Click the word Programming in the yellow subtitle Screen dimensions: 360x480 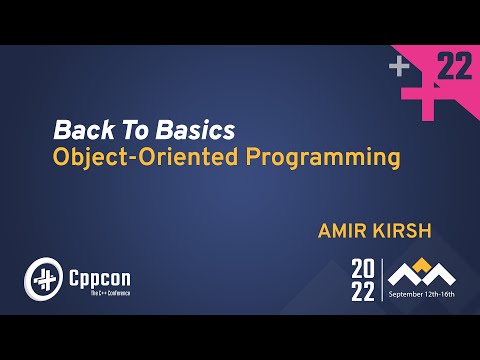(321, 158)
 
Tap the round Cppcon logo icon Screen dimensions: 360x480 (41, 276)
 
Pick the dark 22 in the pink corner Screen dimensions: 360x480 (455, 68)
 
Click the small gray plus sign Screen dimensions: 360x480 (400, 67)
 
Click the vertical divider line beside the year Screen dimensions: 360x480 (381, 280)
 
